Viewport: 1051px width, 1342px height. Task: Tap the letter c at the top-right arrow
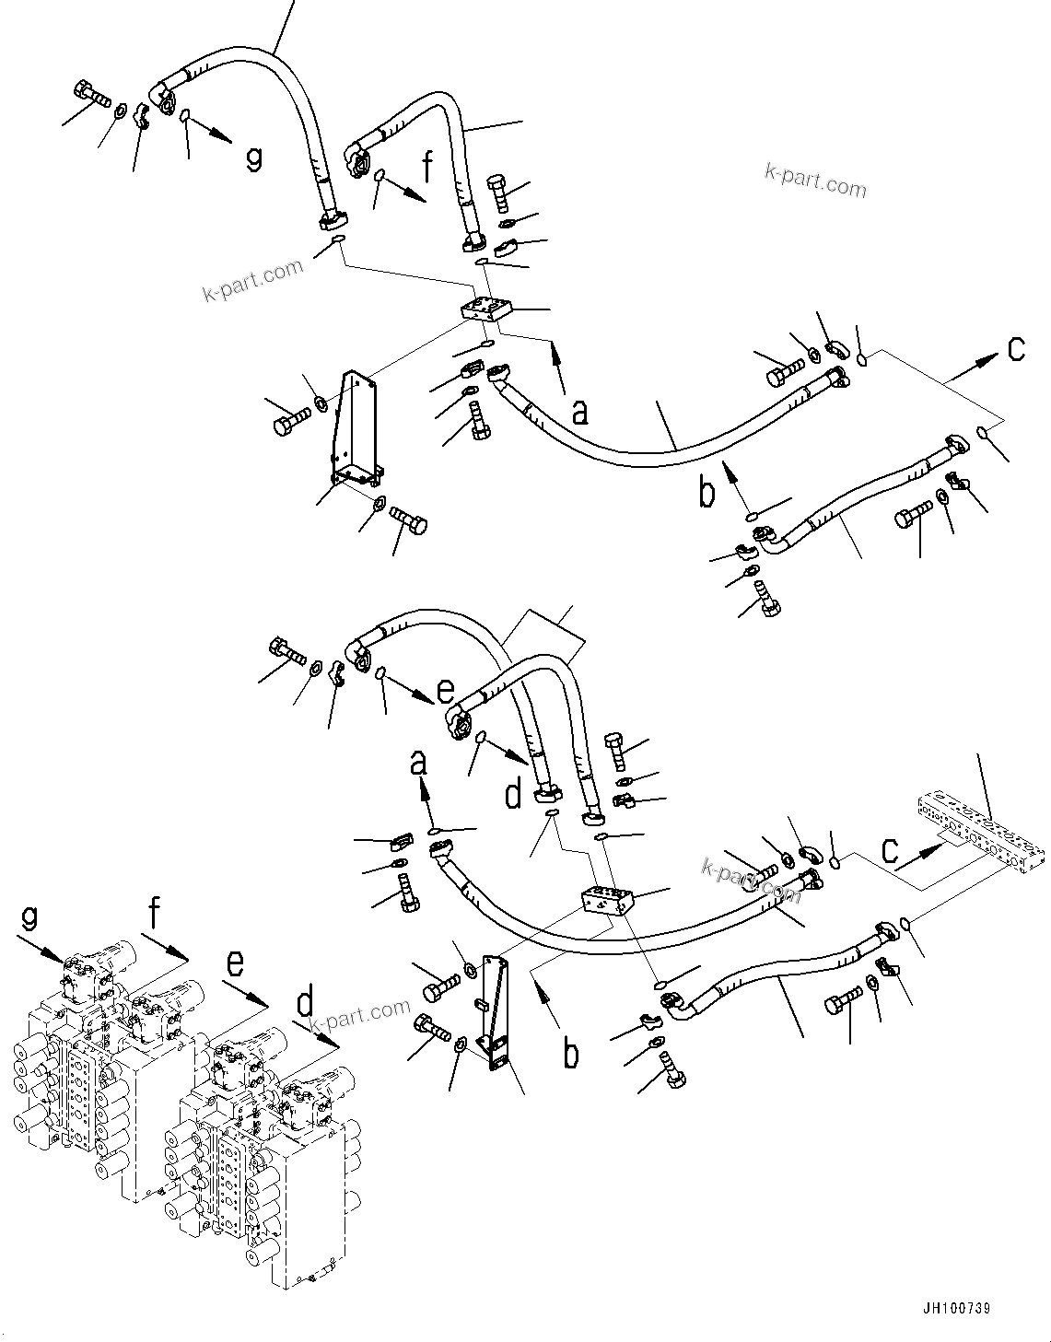pyautogui.click(x=1016, y=348)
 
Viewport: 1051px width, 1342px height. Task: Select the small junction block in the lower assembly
pyautogui.click(x=605, y=900)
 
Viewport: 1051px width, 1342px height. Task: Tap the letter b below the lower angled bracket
pyautogui.click(x=571, y=1053)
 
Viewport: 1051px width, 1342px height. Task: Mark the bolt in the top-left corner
pyautogui.click(x=88, y=94)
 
